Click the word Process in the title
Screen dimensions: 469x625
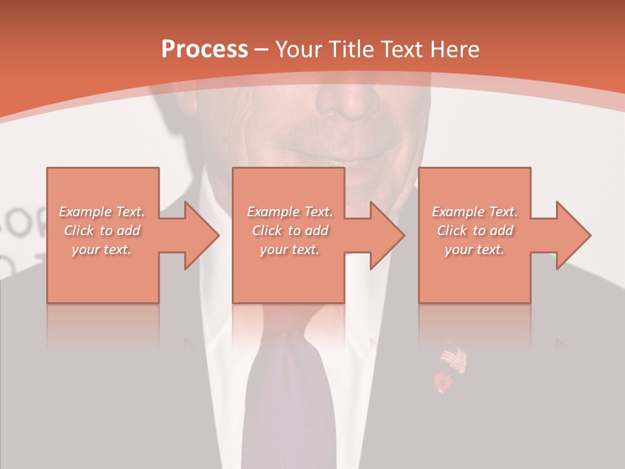click(x=204, y=50)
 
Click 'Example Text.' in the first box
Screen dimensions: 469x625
click(x=102, y=212)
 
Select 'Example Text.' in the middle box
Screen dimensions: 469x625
click(x=290, y=212)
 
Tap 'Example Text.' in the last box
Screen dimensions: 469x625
click(x=475, y=212)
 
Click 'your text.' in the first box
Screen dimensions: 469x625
click(x=102, y=249)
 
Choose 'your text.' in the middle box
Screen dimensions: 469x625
click(x=290, y=249)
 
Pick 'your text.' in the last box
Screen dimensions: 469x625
click(x=475, y=249)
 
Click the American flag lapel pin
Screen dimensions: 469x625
click(x=454, y=360)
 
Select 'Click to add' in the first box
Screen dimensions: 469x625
click(x=102, y=231)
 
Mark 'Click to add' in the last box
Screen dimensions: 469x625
click(x=475, y=231)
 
